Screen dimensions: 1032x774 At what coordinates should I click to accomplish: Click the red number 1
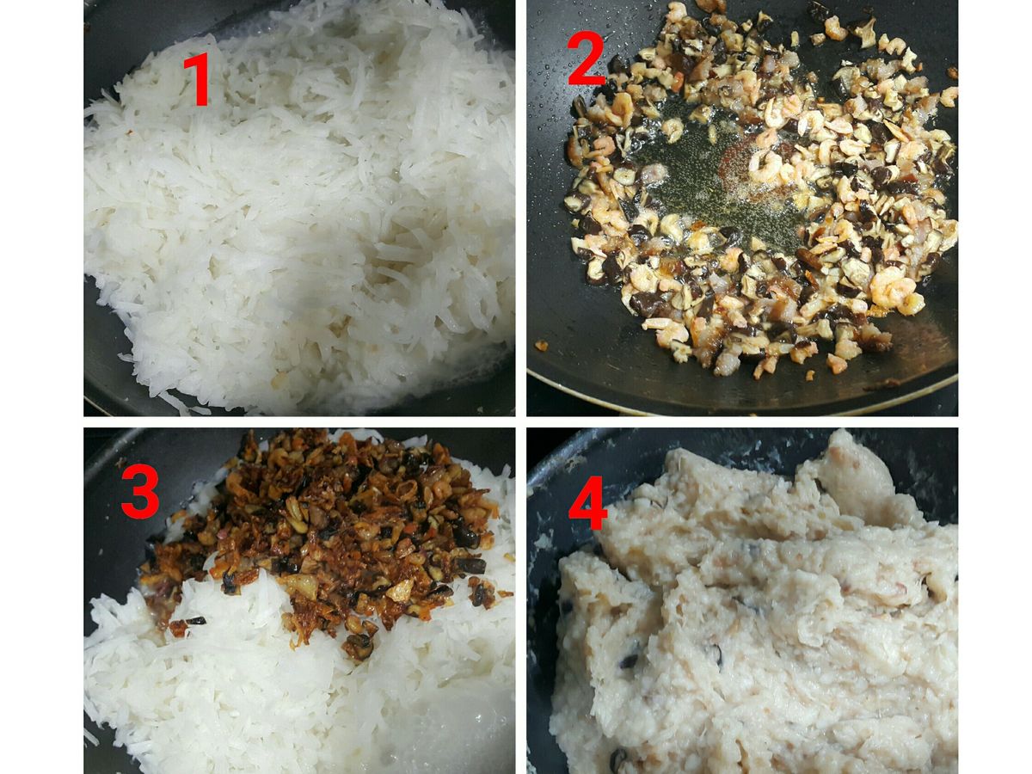[x=197, y=79]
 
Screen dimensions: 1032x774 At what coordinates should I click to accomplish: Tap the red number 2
[x=586, y=60]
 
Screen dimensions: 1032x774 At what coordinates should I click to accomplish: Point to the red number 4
[x=587, y=502]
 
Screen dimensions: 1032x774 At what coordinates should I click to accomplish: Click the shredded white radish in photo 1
[x=301, y=212]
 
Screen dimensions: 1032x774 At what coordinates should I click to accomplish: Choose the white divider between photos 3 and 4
[x=521, y=600]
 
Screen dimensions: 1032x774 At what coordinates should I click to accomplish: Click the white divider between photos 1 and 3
[x=299, y=422]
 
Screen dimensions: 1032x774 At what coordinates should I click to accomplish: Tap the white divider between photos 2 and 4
[x=742, y=422]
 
